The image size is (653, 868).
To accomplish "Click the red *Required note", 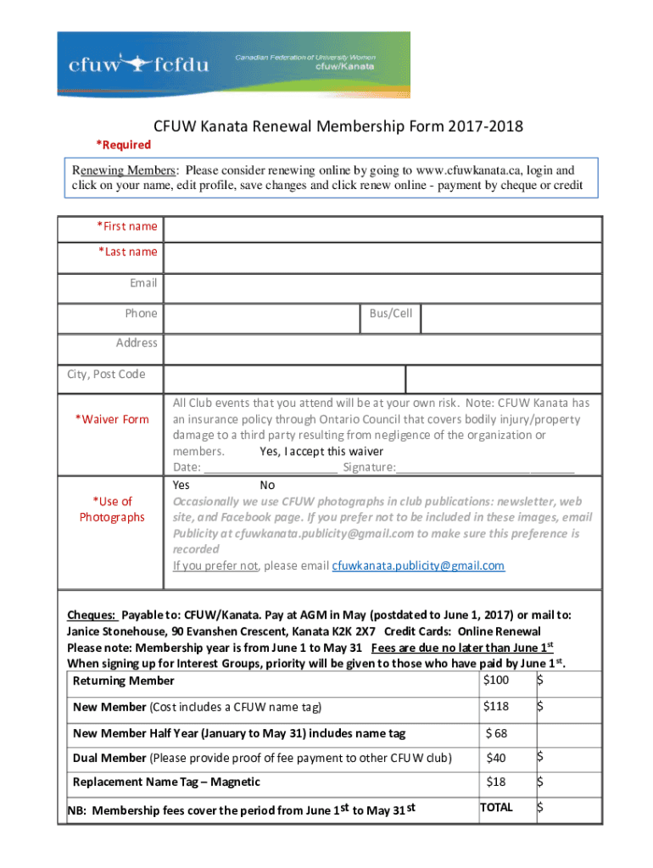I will (x=123, y=145).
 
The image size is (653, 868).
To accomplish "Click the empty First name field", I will (x=382, y=230).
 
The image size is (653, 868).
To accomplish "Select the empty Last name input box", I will (x=382, y=257).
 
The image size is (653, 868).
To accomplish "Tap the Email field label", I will (x=142, y=282).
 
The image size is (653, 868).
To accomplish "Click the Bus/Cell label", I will (x=390, y=314).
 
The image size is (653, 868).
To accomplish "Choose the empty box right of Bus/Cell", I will (x=511, y=320).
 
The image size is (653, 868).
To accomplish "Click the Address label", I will (x=137, y=342).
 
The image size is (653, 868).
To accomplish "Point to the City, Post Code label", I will (x=107, y=374).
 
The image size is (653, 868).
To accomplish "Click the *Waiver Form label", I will (x=112, y=419).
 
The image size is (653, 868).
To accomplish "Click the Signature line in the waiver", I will (x=484, y=468).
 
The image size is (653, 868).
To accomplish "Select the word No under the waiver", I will (x=267, y=485).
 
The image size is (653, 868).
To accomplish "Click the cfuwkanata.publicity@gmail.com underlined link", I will (x=417, y=565).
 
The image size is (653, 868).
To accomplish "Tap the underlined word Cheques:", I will (x=92, y=615).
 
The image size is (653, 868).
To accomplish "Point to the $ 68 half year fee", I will (x=496, y=732).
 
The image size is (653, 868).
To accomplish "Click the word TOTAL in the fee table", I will (x=496, y=808).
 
